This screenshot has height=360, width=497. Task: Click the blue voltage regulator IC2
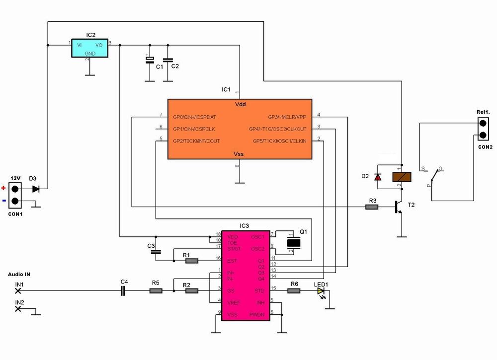point(89,48)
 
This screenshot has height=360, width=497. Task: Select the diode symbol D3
point(36,189)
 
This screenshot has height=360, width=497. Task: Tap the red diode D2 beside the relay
point(378,177)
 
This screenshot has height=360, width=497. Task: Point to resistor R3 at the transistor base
point(372,206)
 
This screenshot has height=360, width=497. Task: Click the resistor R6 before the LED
point(294,291)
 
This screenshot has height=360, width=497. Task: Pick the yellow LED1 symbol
point(321,291)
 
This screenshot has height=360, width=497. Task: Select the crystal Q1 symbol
point(295,243)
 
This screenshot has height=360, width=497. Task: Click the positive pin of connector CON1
point(15,189)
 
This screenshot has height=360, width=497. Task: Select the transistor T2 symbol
point(398,207)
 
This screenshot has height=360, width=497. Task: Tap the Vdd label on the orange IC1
point(240,105)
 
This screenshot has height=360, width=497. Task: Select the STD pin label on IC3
point(259,290)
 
